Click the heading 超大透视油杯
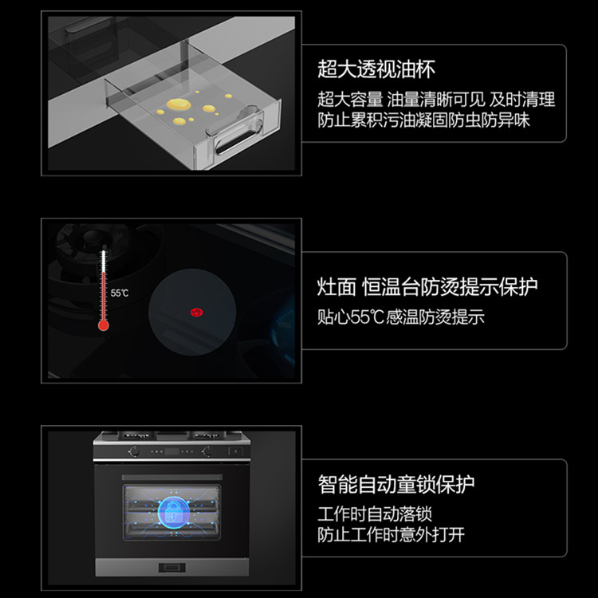pos(376,69)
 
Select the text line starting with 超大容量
pos(436,100)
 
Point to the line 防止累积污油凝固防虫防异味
pos(423,120)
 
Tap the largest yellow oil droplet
pos(179,104)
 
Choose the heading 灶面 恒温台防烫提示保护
pos(427,287)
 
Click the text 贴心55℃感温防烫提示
pos(401,317)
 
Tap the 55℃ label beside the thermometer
pos(120,293)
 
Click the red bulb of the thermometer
pos(104,325)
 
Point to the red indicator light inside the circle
pos(196,313)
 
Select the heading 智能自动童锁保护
pos(395,484)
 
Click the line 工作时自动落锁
pos(375,514)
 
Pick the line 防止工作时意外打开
pos(391,535)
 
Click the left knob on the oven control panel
pos(134,451)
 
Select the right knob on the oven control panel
pos(207,451)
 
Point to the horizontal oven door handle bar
pos(171,477)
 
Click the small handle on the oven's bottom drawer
pos(172,568)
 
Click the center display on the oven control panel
pos(171,452)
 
